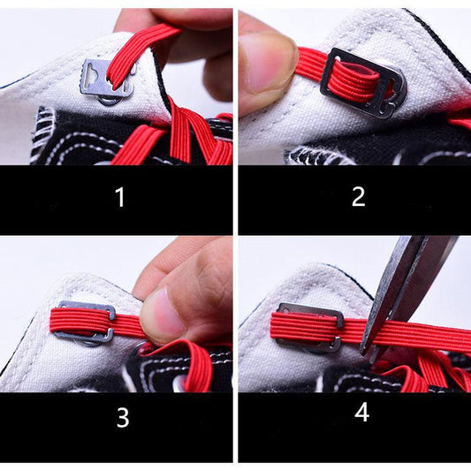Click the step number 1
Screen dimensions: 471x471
pyautogui.click(x=120, y=197)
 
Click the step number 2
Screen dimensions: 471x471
pyautogui.click(x=358, y=196)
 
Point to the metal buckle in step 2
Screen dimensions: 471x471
pyautogui.click(x=362, y=84)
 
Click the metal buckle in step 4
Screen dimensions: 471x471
pyautogui.click(x=309, y=326)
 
